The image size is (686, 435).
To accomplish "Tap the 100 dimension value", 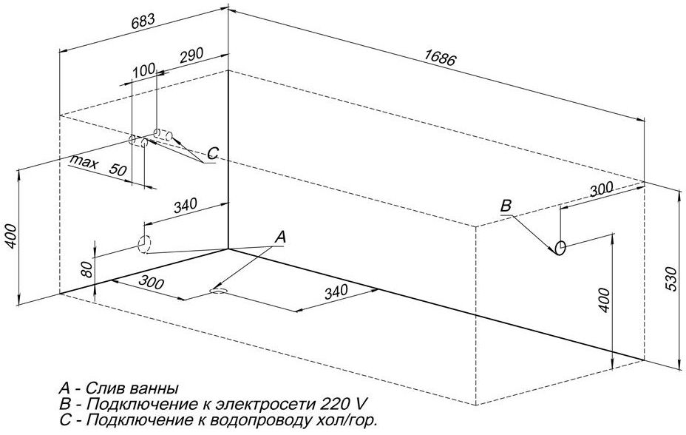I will point(144,70).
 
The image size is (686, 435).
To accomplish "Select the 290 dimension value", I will point(191,56).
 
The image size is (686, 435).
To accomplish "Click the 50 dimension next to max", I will point(117,169).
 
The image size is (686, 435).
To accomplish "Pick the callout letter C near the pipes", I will point(212,153).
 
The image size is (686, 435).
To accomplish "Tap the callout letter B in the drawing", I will point(506,206).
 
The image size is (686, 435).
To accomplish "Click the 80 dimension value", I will point(86,270).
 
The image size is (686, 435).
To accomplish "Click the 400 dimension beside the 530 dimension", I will point(604,300).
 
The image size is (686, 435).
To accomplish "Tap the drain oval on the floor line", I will point(219,291).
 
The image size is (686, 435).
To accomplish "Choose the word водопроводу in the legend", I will point(252,421).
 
